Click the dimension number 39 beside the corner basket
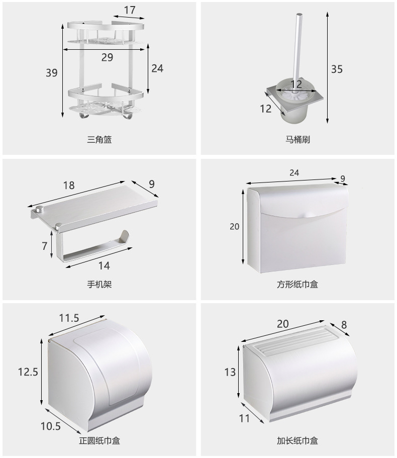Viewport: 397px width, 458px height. [x=52, y=73]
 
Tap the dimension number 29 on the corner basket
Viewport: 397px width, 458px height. [x=107, y=57]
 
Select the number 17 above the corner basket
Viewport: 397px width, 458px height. [x=129, y=10]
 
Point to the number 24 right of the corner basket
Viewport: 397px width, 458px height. [x=157, y=68]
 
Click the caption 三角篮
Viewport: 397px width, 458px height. [x=99, y=139]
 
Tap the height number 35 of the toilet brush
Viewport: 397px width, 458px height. [x=337, y=69]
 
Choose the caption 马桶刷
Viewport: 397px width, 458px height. [x=297, y=139]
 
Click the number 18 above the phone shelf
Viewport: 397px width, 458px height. [x=69, y=185]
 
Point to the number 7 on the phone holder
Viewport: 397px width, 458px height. [x=44, y=246]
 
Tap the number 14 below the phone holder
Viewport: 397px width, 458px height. [x=104, y=265]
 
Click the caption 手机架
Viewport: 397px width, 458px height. [x=99, y=285]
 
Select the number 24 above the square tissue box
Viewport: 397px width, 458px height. [x=294, y=172]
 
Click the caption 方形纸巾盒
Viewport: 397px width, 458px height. [x=297, y=285]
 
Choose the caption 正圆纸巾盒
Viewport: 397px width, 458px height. [x=99, y=441]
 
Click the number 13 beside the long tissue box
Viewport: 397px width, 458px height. [x=230, y=372]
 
